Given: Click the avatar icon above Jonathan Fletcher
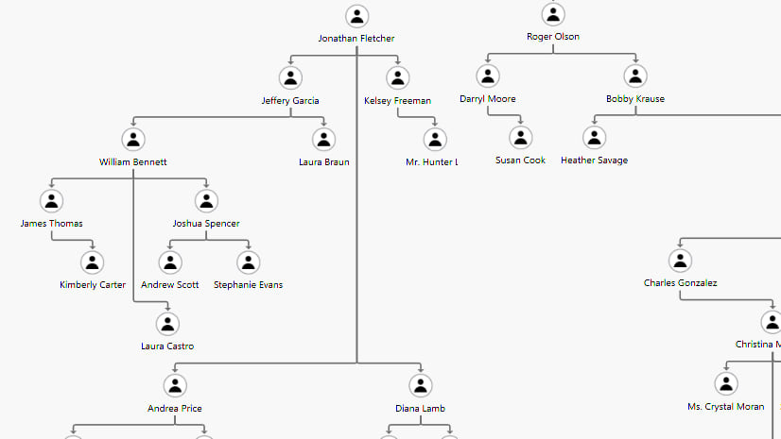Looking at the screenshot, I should tap(356, 16).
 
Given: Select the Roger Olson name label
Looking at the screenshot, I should tap(553, 37).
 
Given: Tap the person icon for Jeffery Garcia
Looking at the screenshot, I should tap(291, 78).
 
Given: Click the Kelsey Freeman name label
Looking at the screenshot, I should tap(397, 100).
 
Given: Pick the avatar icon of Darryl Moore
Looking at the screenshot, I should tap(488, 76).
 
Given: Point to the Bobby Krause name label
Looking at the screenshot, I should tap(635, 99).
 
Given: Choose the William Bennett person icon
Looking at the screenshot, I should tap(133, 140).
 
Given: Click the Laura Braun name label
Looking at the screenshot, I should tap(324, 162).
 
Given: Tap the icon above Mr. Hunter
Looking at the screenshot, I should tap(435, 140).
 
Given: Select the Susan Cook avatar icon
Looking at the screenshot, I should tap(521, 138).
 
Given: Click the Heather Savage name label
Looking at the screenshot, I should tap(594, 160).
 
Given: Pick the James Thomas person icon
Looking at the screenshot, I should tap(52, 201).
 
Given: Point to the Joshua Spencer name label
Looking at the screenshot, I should tap(206, 224).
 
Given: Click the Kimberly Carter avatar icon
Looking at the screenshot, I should tap(92, 262).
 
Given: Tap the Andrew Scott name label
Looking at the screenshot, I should tap(170, 284).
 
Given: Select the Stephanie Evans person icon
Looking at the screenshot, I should tap(248, 262).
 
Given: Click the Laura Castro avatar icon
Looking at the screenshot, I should tap(167, 324).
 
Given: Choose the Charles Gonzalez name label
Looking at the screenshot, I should tap(680, 283).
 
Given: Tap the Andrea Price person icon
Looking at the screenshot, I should tap(174, 386).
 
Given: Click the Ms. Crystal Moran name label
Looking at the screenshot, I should tap(725, 406).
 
